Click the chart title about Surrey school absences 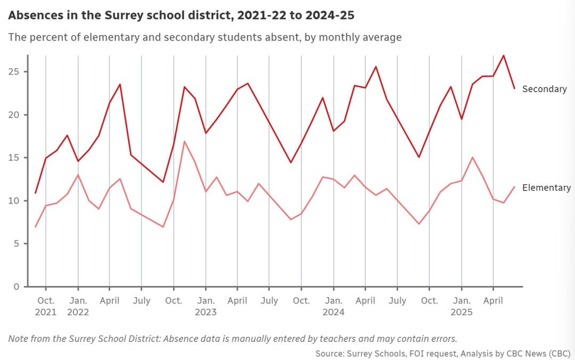pos(181,15)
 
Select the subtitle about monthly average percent pos(204,37)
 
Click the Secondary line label pos(544,89)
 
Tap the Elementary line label pos(546,187)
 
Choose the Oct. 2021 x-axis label pos(46,306)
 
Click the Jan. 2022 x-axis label pos(78,306)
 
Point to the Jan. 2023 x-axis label pos(206,306)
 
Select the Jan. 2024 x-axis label pos(333,306)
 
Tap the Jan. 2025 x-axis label pos(461,306)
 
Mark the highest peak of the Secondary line pos(504,55)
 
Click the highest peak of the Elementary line pos(184,141)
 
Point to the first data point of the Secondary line pos(36,193)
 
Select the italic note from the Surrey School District pos(233,338)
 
